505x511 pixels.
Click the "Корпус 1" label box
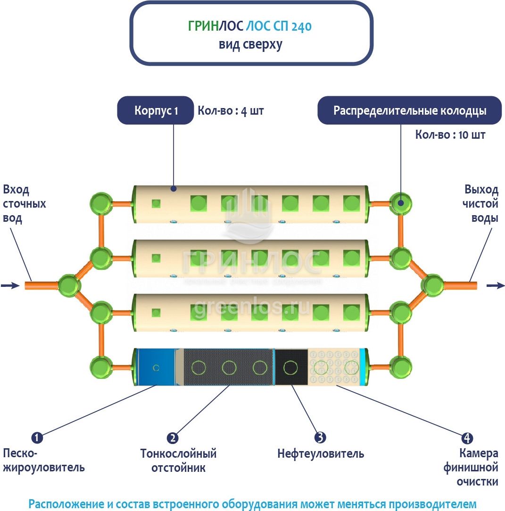(x=156, y=110)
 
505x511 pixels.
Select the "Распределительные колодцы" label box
(x=409, y=110)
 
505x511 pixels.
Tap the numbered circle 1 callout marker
(x=37, y=437)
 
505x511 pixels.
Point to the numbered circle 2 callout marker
(x=173, y=437)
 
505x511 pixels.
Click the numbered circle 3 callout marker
(x=320, y=437)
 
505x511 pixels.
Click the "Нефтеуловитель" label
(x=321, y=454)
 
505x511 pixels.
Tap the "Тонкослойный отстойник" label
(x=179, y=461)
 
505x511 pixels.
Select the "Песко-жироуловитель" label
(x=44, y=461)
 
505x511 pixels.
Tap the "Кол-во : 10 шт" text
(x=450, y=135)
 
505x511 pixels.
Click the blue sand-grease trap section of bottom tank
(x=156, y=367)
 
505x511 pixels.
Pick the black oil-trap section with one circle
(x=291, y=367)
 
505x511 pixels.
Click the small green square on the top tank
(x=156, y=203)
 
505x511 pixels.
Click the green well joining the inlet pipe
(x=69, y=285)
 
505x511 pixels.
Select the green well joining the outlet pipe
(x=432, y=285)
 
